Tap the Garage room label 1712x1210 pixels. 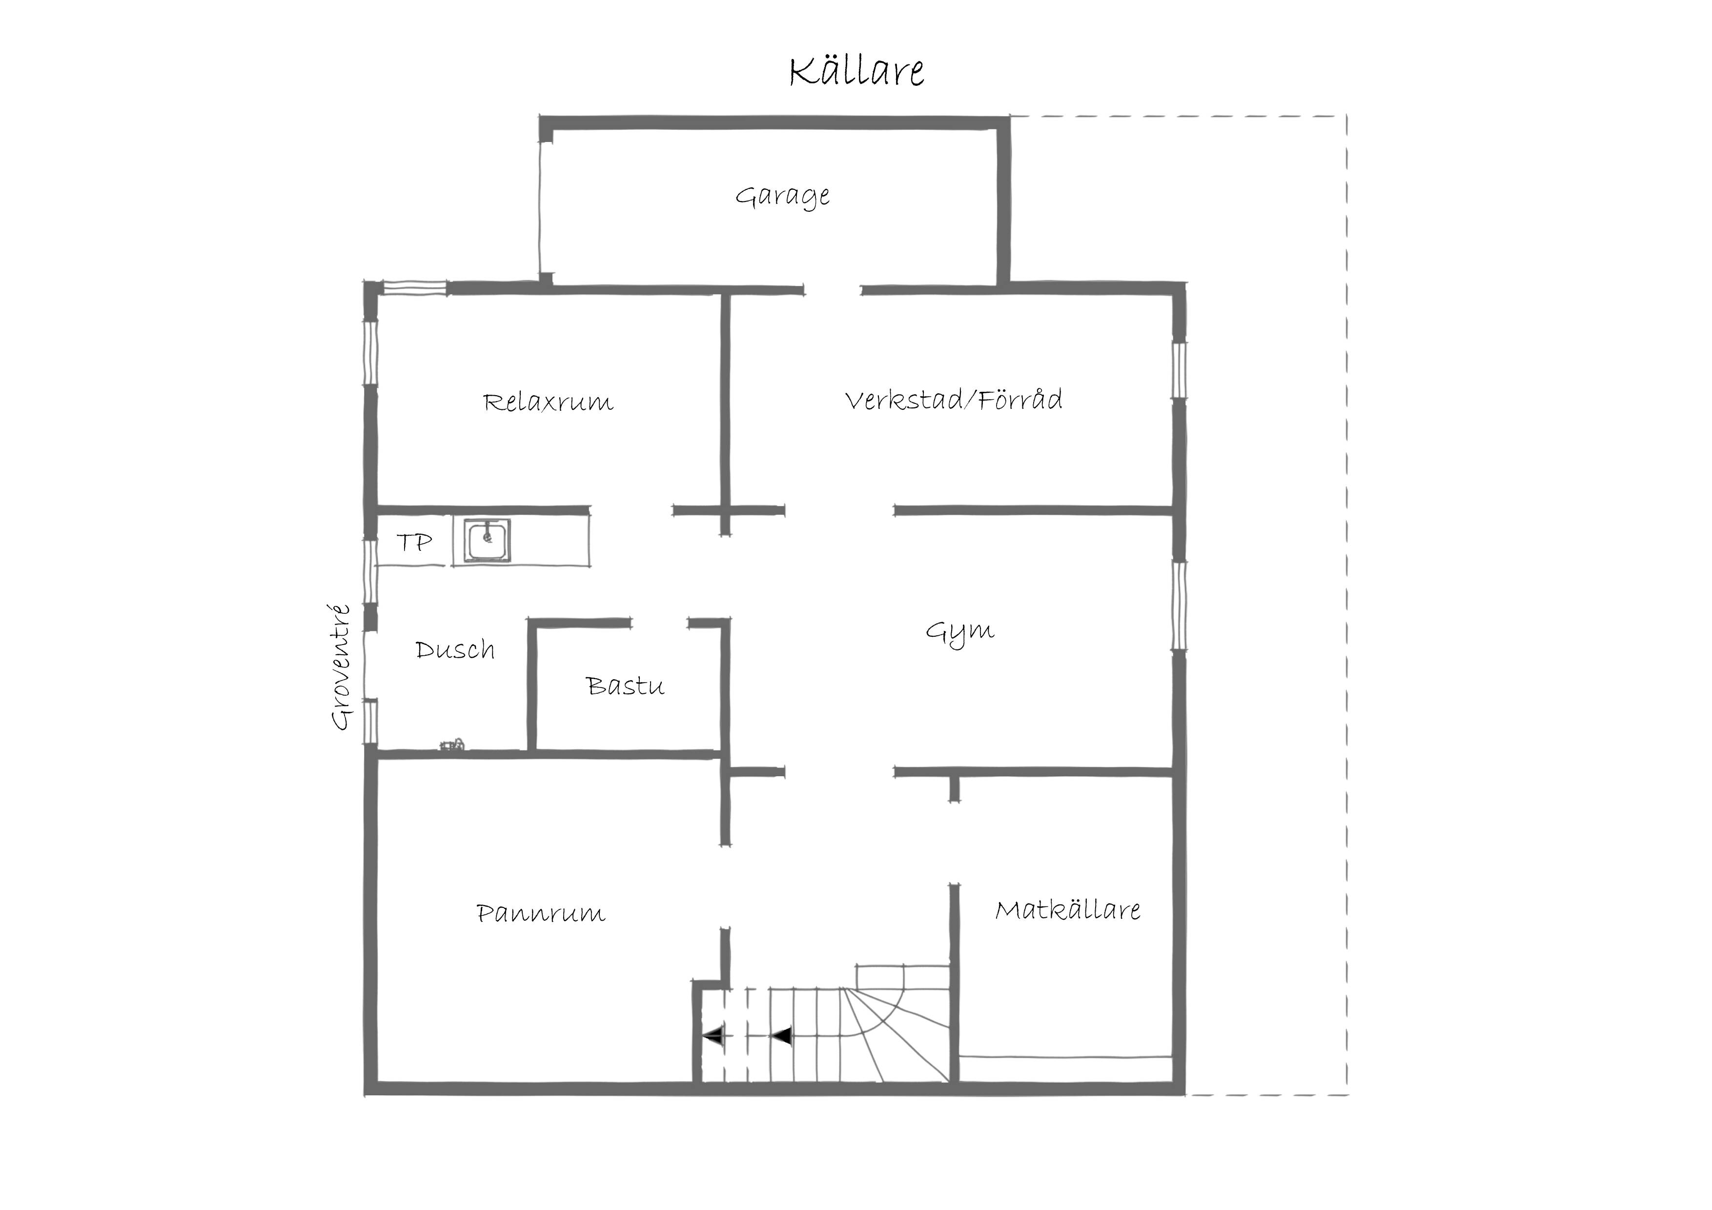[782, 196]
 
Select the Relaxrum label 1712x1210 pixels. [548, 402]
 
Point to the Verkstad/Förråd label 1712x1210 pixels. [954, 400]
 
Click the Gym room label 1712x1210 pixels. [959, 633]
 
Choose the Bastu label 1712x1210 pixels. [625, 685]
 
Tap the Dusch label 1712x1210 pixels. [455, 649]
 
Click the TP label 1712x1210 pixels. [414, 542]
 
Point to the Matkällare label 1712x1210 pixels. [1068, 909]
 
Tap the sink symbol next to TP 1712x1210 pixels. [488, 540]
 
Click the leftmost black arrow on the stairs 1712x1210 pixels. [713, 1035]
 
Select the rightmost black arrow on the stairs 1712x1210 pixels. [781, 1035]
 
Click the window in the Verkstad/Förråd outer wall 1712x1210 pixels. [1179, 370]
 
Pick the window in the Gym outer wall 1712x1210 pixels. [1179, 605]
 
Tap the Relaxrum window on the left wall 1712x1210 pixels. [370, 353]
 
